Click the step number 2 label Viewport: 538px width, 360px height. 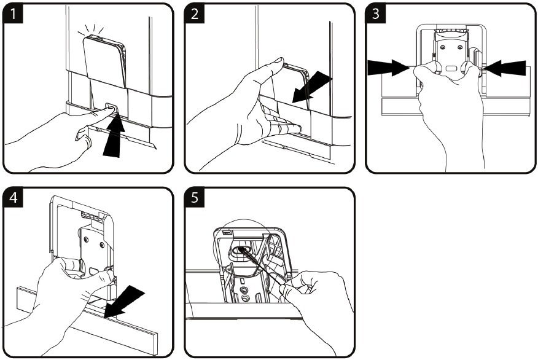point(195,15)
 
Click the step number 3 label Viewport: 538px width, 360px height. point(376,15)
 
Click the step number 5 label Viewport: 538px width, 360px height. point(195,198)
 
